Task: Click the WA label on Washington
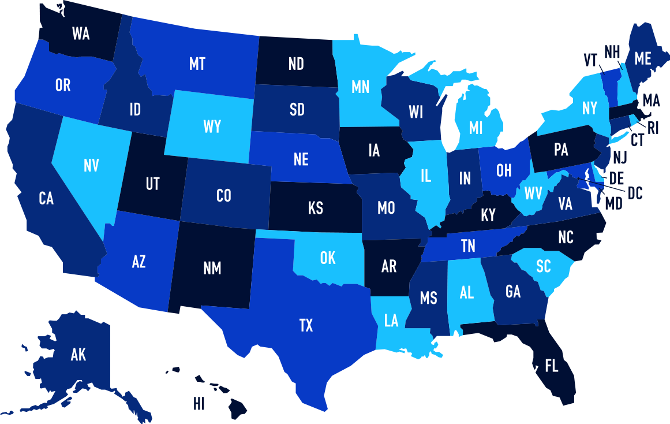coord(81,34)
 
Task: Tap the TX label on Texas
coord(306,326)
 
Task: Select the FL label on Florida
coord(552,366)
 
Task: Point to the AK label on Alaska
coord(78,355)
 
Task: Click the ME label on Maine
coord(642,58)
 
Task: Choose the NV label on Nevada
coord(91,166)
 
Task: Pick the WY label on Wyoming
coord(212,127)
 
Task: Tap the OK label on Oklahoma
coord(328,258)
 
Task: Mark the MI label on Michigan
coord(476,128)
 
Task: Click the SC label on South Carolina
coord(543,266)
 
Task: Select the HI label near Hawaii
coord(199,404)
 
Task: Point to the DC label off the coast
coord(635,194)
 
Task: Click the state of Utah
coord(152,184)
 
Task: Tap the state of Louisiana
coord(391,321)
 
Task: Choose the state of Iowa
coord(374,151)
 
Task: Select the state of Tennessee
coord(468,247)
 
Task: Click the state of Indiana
coord(465,178)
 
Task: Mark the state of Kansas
coord(315,208)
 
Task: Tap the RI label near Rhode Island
coord(653,128)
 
